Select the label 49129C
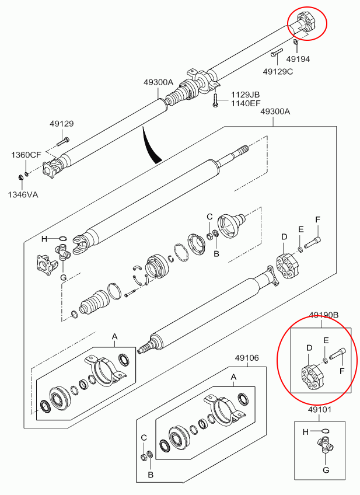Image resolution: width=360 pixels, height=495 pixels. pos(278,71)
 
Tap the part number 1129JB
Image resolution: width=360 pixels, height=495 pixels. pos(245,95)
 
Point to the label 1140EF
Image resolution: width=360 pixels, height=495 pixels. pos(245,103)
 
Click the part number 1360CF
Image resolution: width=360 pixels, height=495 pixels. pos(26,155)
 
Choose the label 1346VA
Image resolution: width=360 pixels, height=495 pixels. pos(23,194)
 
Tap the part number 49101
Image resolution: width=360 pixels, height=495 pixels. pos(320,410)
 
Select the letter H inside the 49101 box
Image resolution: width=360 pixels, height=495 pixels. pos(305,432)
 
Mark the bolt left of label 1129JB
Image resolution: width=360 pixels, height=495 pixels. pos(215,99)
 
